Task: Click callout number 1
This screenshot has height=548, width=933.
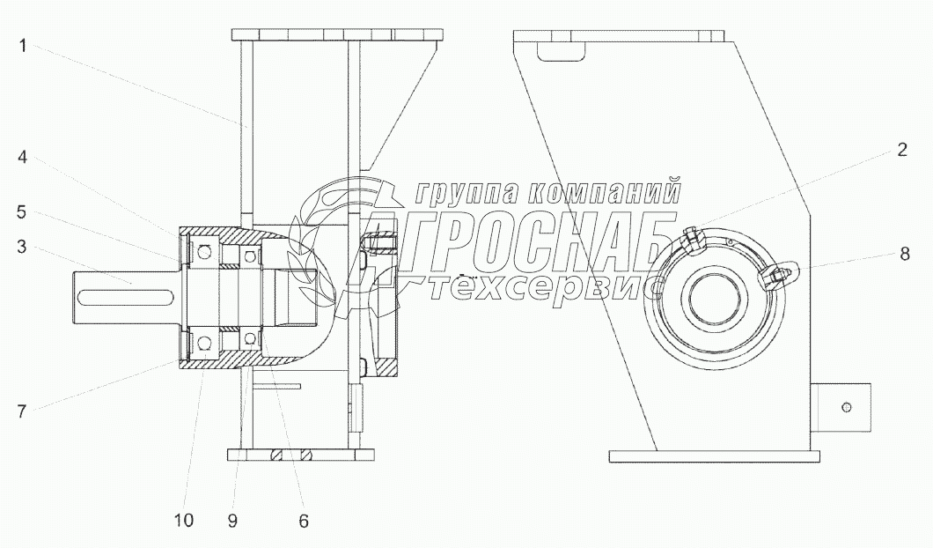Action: (23, 45)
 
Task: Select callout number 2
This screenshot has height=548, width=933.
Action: (902, 150)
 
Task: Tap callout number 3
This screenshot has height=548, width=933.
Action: (22, 247)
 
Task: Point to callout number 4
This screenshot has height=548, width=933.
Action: (22, 157)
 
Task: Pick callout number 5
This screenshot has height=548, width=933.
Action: (22, 212)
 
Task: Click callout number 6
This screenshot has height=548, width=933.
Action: (304, 522)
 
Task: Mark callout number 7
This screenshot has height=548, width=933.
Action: (22, 411)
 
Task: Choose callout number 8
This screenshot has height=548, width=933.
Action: (905, 255)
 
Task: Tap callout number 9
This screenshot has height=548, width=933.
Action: (232, 522)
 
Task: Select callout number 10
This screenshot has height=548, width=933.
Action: (184, 521)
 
